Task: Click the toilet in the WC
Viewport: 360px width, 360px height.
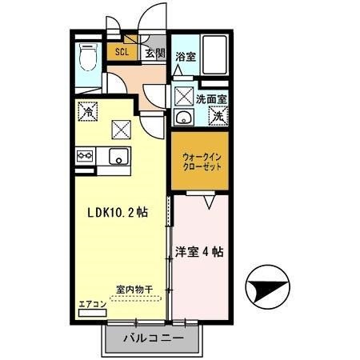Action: [x=86, y=58]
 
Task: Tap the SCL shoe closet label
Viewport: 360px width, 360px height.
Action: [x=122, y=54]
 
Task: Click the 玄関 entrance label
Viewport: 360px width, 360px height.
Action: [x=154, y=54]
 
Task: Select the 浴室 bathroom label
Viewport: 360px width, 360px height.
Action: [x=186, y=58]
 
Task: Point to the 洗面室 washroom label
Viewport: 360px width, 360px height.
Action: [x=212, y=99]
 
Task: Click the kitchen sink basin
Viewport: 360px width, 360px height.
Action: [x=118, y=157]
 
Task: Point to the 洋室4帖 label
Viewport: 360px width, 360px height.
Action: [x=199, y=251]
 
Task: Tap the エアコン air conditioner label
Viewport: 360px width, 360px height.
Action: [x=92, y=305]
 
